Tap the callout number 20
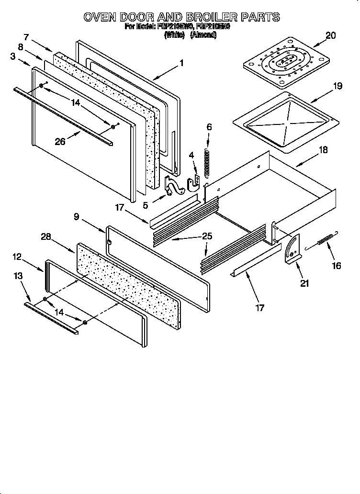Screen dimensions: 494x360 click(x=331, y=35)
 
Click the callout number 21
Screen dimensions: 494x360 click(x=305, y=283)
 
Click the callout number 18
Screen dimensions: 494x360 click(x=323, y=150)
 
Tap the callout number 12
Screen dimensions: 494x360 click(x=17, y=257)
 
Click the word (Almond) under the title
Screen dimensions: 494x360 click(x=203, y=35)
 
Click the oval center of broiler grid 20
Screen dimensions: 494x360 click(x=285, y=61)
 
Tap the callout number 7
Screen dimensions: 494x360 click(x=26, y=37)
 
